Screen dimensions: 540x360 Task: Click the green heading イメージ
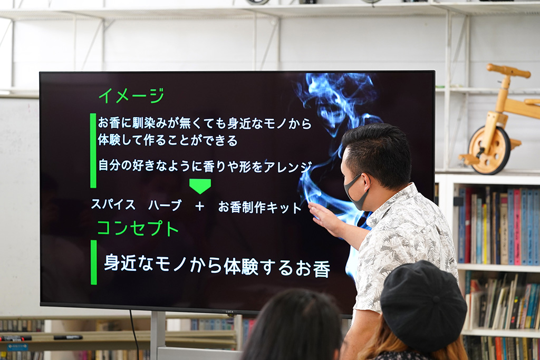131,95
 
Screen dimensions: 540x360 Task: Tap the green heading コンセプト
138,228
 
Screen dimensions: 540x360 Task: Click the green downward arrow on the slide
200,186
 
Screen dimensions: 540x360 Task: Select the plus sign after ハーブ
200,206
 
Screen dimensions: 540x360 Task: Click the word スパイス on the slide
113,205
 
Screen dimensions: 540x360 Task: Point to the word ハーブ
165,206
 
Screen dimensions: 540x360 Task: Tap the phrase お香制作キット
259,207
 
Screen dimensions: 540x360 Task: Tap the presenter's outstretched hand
324,217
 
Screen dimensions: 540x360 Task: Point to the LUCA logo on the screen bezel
229,312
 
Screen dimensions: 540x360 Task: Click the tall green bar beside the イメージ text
93,150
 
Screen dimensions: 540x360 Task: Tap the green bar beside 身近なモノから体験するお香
94,262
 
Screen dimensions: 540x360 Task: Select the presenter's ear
368,182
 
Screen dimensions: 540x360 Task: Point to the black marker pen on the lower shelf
68,338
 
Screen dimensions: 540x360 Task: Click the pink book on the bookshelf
517,227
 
